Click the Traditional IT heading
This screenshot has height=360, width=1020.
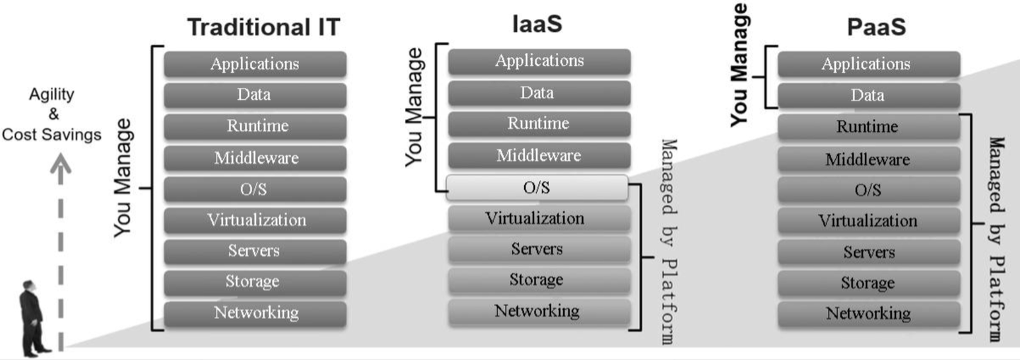pos(263,28)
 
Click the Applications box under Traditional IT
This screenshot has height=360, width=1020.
pos(255,64)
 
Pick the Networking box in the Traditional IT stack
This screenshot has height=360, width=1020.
pos(255,313)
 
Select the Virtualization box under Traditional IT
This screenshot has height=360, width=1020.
pos(255,220)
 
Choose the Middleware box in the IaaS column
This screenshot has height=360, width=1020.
pos(538,155)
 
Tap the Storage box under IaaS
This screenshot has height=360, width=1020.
pos(538,280)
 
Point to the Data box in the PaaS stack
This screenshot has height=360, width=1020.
pos(868,96)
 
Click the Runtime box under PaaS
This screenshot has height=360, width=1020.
pos(868,127)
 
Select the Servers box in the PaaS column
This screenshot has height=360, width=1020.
pos(868,252)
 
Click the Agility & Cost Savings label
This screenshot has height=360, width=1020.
pos(52,114)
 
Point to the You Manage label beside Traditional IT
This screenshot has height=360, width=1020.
pos(124,177)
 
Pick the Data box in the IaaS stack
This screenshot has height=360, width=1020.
pos(538,93)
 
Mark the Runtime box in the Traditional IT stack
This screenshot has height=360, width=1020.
pos(255,126)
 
